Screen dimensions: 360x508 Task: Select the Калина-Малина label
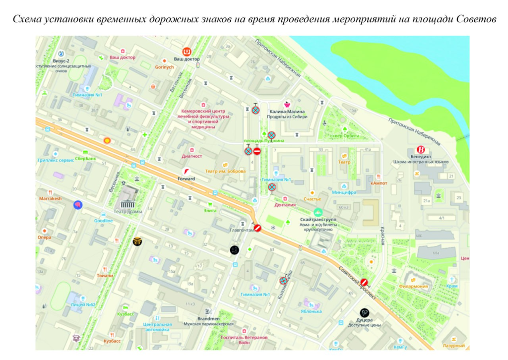tap(287, 112)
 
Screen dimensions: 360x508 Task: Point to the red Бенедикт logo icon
tap(422, 150)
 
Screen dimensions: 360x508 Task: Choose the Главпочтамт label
tap(241, 230)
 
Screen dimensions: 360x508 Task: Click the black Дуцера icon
tap(365, 312)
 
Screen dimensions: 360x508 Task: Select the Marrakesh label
tap(50, 198)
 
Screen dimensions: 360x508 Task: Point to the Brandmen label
tap(208, 318)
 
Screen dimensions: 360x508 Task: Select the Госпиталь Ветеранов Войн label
tap(244, 340)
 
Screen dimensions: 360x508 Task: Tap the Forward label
tap(187, 179)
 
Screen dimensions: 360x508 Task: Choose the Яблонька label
tap(311, 311)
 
